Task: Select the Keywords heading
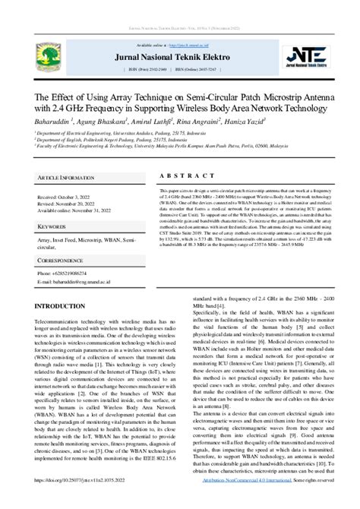click(x=54, y=205)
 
